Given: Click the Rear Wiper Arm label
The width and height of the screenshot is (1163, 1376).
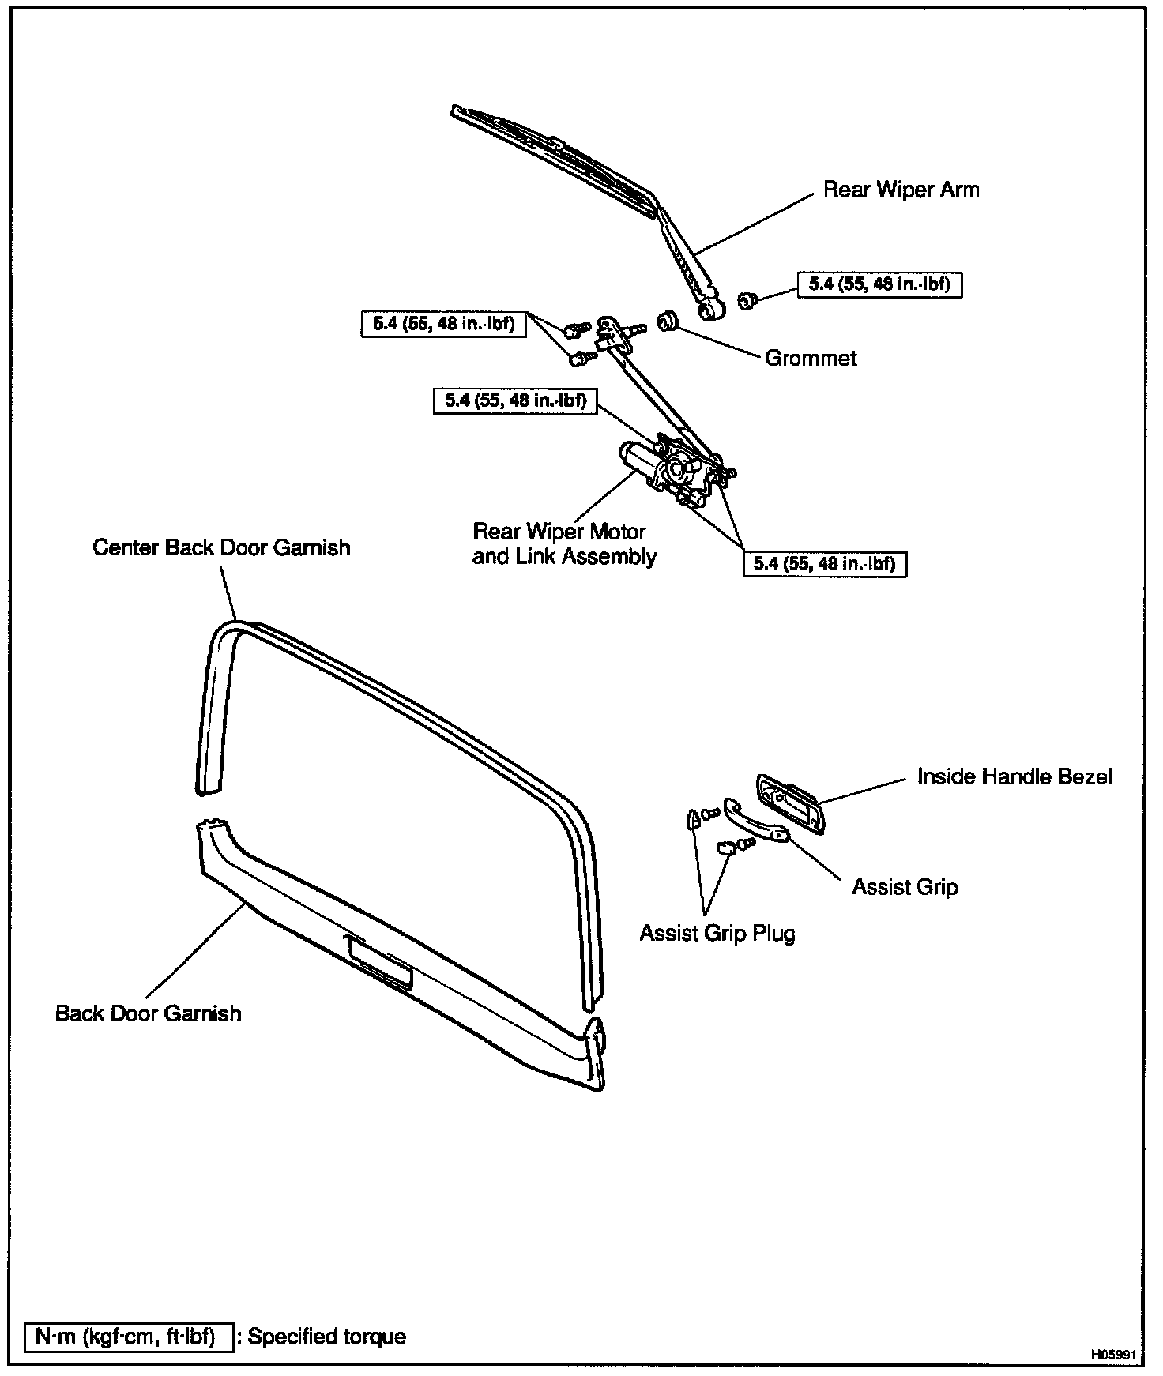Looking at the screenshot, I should point(901,190).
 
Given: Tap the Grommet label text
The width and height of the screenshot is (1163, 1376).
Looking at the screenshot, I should point(811,358).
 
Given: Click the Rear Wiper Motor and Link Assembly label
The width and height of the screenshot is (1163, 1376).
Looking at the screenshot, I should point(563,543).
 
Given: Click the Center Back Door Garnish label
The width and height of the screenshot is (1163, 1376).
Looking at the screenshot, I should point(221,547).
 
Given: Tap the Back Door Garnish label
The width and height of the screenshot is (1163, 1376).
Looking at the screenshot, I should point(148,1013).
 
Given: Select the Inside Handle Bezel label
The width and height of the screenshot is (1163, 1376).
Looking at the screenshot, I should point(1014,776).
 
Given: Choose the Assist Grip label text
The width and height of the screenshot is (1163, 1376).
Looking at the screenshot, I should point(905,887).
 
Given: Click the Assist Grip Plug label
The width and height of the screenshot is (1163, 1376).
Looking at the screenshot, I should point(717,933).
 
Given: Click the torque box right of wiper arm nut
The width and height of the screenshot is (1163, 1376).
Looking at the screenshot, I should point(879,284).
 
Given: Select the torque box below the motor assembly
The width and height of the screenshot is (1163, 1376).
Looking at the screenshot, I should point(824,563).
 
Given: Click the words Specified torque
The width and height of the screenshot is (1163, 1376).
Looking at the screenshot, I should point(326,1337).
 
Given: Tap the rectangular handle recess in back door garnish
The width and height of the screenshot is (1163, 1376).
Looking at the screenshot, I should point(379,960).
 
